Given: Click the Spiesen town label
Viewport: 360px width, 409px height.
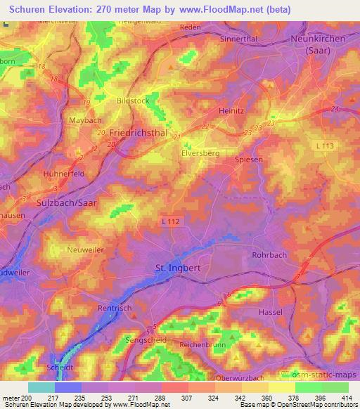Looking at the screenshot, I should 247,160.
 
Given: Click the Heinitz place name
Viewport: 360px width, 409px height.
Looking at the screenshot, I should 233,110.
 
